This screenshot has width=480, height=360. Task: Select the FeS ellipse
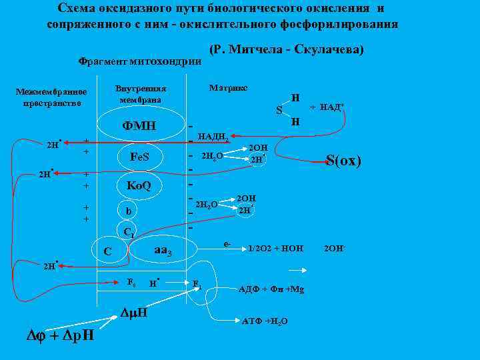(x=139, y=157)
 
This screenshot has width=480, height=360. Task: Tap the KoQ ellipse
(x=139, y=185)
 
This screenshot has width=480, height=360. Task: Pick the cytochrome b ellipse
(x=128, y=211)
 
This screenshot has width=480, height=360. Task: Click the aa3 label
(x=163, y=251)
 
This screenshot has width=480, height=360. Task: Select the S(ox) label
(x=343, y=160)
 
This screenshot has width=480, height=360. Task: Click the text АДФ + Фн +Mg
(x=271, y=289)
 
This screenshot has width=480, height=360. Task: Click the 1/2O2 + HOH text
(x=275, y=249)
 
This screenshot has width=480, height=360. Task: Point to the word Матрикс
(x=228, y=88)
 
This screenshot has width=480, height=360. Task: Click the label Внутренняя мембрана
(x=141, y=94)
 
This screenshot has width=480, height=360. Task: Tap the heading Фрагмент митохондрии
(x=140, y=61)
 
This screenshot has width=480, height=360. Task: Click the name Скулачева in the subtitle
(x=329, y=50)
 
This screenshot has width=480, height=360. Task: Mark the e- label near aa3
(x=227, y=245)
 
